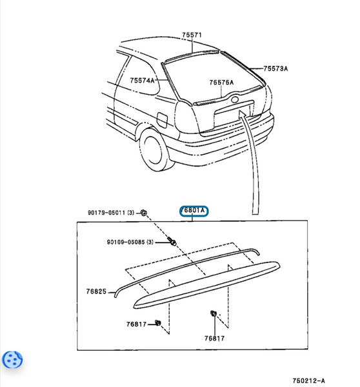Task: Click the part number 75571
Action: point(192,35)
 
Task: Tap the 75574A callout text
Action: point(143,81)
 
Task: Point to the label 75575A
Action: point(221,83)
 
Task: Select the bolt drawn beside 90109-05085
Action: point(172,241)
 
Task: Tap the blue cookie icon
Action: point(14,360)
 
